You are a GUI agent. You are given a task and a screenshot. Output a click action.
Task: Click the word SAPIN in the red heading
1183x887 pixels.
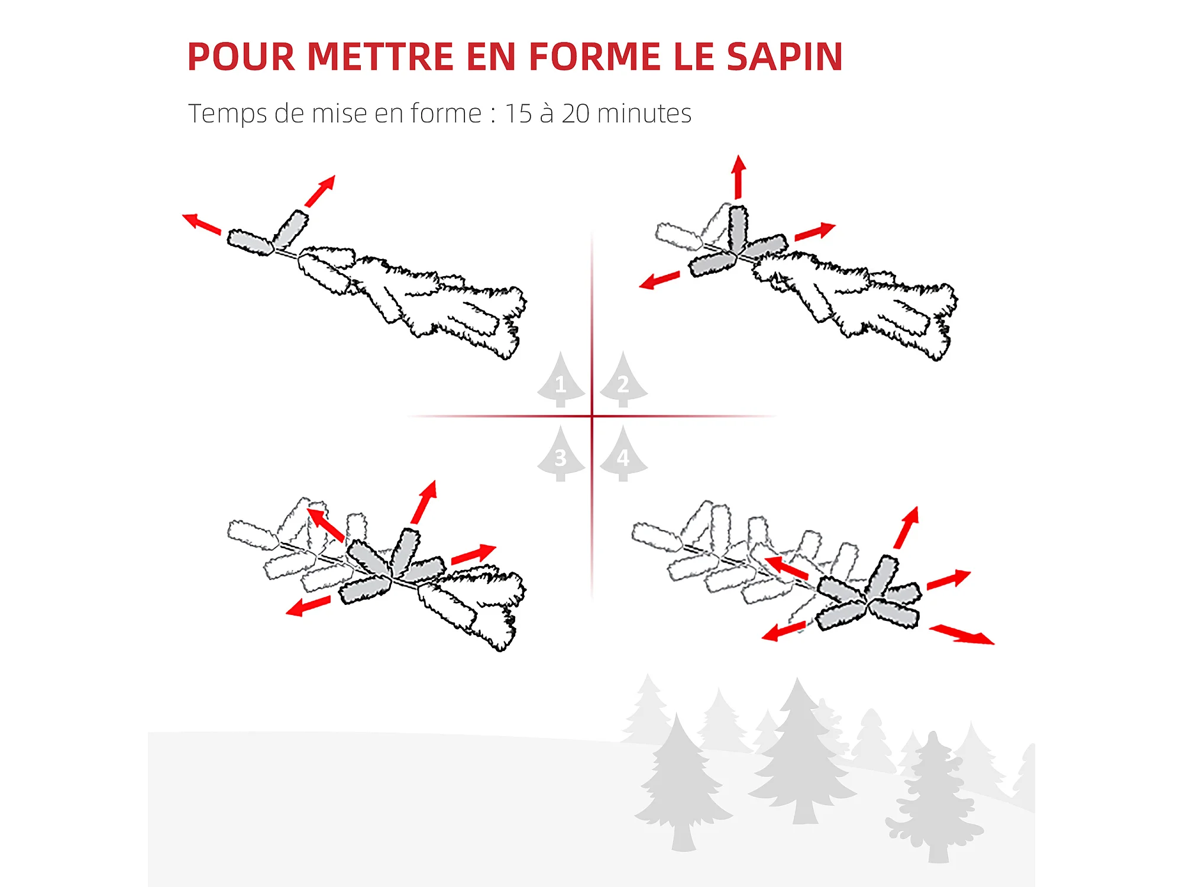pyautogui.click(x=784, y=57)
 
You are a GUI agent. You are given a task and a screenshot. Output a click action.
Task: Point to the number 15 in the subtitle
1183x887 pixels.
pyautogui.click(x=518, y=114)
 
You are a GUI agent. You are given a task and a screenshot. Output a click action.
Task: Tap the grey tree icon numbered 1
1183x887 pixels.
pyautogui.click(x=561, y=381)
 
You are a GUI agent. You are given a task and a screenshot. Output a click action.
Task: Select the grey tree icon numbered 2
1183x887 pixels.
pyautogui.click(x=623, y=381)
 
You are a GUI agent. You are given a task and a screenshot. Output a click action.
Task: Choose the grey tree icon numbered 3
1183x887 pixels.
pyautogui.click(x=561, y=455)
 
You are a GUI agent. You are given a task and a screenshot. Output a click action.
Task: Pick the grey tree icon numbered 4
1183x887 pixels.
pyautogui.click(x=623, y=455)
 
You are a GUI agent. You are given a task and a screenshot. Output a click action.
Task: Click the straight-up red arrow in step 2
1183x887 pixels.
pyautogui.click(x=738, y=177)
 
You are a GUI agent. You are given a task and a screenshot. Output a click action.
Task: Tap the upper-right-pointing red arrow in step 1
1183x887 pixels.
pyautogui.click(x=321, y=190)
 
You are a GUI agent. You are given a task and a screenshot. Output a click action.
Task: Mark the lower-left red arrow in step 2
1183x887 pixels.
pyautogui.click(x=660, y=280)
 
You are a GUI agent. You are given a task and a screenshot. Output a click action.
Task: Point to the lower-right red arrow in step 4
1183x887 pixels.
pyautogui.click(x=962, y=635)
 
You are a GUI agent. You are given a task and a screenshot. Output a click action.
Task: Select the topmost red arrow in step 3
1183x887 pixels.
pyautogui.click(x=425, y=501)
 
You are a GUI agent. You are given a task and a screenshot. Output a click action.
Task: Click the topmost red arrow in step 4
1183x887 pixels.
pyautogui.click(x=907, y=527)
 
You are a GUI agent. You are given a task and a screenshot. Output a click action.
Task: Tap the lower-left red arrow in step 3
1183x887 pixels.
pyautogui.click(x=308, y=607)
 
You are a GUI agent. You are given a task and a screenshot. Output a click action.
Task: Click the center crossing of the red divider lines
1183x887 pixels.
pyautogui.click(x=592, y=416)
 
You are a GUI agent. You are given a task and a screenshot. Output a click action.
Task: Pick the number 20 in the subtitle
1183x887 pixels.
pyautogui.click(x=576, y=114)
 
